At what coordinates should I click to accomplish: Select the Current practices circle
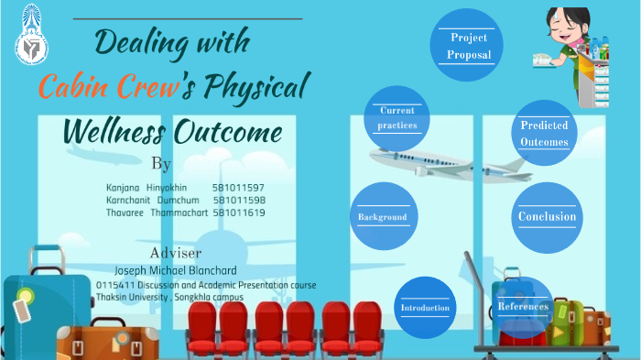click(397, 118)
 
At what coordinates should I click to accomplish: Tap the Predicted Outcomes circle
click(544, 134)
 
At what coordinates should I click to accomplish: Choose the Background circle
click(382, 217)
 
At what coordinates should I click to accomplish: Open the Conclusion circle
click(547, 217)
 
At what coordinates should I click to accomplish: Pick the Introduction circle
click(425, 307)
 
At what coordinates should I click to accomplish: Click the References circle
click(523, 306)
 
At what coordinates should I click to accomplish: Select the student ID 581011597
click(238, 187)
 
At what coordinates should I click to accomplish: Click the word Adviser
click(175, 253)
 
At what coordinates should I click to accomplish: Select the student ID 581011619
click(238, 213)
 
